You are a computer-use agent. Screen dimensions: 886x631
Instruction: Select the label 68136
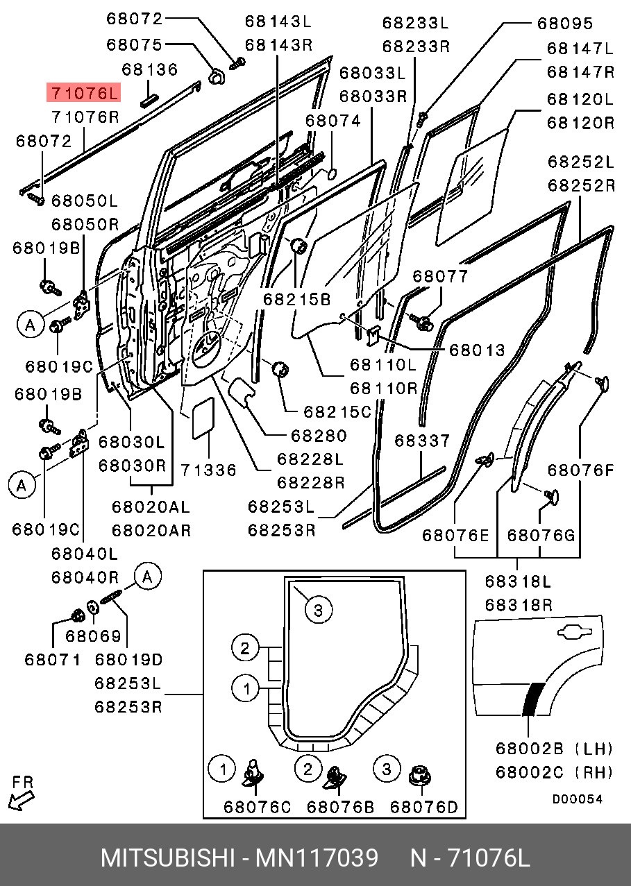tap(150, 69)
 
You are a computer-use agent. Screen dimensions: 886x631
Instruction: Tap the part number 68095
tap(565, 24)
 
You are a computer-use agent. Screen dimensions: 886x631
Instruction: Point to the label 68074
tap(333, 121)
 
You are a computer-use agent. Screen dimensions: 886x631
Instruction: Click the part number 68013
tap(477, 350)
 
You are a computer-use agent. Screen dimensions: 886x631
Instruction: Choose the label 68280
tap(318, 436)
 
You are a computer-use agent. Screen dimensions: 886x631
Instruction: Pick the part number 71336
tap(209, 470)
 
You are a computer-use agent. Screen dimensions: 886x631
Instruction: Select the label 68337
tap(423, 441)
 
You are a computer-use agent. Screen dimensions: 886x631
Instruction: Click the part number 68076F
tap(580, 470)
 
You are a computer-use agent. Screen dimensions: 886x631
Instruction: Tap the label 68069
tap(93, 636)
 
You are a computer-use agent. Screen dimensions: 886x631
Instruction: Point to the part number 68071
tap(53, 659)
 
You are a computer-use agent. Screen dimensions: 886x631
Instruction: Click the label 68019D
tap(128, 659)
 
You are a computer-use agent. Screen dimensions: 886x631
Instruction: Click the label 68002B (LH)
tap(554, 749)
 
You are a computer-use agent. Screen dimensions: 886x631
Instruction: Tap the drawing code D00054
tap(578, 799)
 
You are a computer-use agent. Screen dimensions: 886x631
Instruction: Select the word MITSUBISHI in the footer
tap(167, 858)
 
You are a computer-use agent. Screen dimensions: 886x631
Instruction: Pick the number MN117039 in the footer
tap(317, 858)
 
